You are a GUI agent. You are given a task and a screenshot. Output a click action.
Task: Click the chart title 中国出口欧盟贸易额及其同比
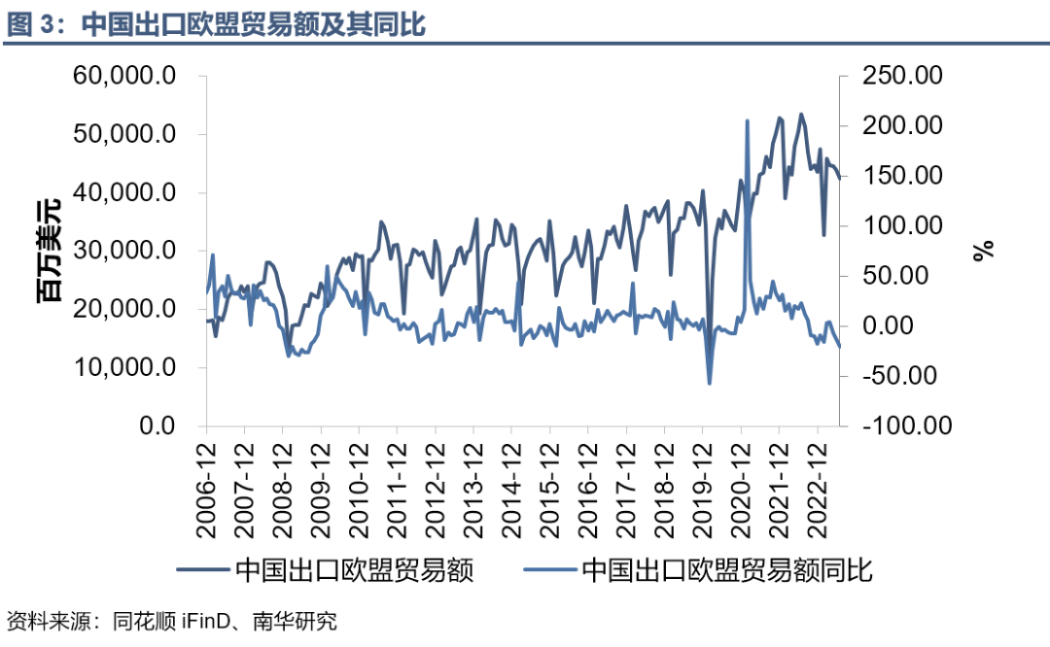(x=253, y=24)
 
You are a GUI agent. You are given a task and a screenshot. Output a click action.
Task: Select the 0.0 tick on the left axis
(x=158, y=426)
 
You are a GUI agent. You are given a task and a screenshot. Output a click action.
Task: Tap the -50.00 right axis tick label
(x=902, y=375)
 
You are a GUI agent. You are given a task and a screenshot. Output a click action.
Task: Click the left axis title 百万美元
(x=49, y=251)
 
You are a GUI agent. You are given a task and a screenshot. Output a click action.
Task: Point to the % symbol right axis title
(x=985, y=251)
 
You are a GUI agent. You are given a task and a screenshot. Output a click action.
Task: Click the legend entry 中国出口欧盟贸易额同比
(x=726, y=570)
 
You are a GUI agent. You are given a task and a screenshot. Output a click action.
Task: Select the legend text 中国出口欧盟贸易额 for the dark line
(x=354, y=570)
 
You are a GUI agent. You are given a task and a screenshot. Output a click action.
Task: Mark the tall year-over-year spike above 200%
(x=747, y=121)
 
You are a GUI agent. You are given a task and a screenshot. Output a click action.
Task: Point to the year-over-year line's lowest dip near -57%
(x=709, y=383)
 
